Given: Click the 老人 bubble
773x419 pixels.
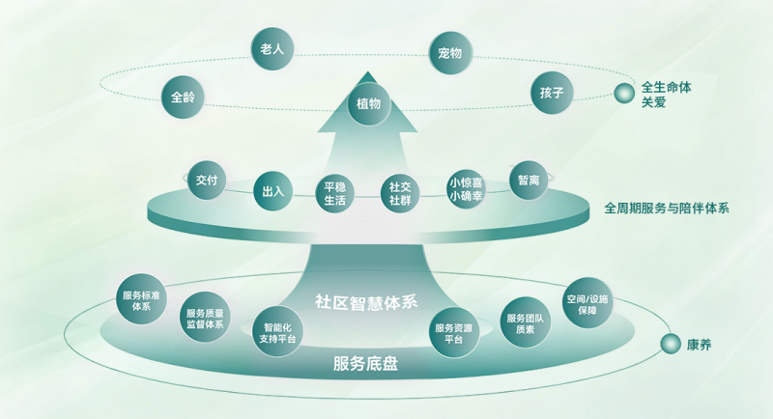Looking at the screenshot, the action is coord(272,48).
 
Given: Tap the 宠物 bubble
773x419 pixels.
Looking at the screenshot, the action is coord(450,53).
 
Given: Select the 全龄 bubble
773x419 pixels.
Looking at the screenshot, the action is coord(183,97).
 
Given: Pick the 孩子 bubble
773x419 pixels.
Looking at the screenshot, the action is coord(552,93).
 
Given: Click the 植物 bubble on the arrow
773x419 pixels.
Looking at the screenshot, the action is coord(369,104).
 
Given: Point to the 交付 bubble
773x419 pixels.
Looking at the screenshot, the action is coord(207,181).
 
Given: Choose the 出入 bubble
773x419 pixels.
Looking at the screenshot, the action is coord(272,191).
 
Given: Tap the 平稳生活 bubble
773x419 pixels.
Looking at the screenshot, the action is coord(334,193).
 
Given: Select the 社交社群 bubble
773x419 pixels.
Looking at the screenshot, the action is coord(400,193).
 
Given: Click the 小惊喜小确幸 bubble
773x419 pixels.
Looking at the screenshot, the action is coord(466,189).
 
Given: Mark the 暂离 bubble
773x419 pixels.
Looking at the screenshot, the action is coord(529,181).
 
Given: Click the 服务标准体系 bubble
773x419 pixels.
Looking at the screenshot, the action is coord(141,299).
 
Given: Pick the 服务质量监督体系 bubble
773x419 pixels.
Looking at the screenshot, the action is coord(205,318).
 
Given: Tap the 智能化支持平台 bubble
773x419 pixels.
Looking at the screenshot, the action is coord(277,332).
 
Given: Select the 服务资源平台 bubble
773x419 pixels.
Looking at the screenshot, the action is coord(453,332).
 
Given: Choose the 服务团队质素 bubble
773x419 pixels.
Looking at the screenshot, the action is coord(525,322).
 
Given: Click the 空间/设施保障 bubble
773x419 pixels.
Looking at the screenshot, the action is coord(587,303).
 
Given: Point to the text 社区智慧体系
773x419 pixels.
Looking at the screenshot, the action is coord(366,301).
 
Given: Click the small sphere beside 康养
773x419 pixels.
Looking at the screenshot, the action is coord(671,344).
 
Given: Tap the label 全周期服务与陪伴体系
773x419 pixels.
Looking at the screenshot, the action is coord(667,209).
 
